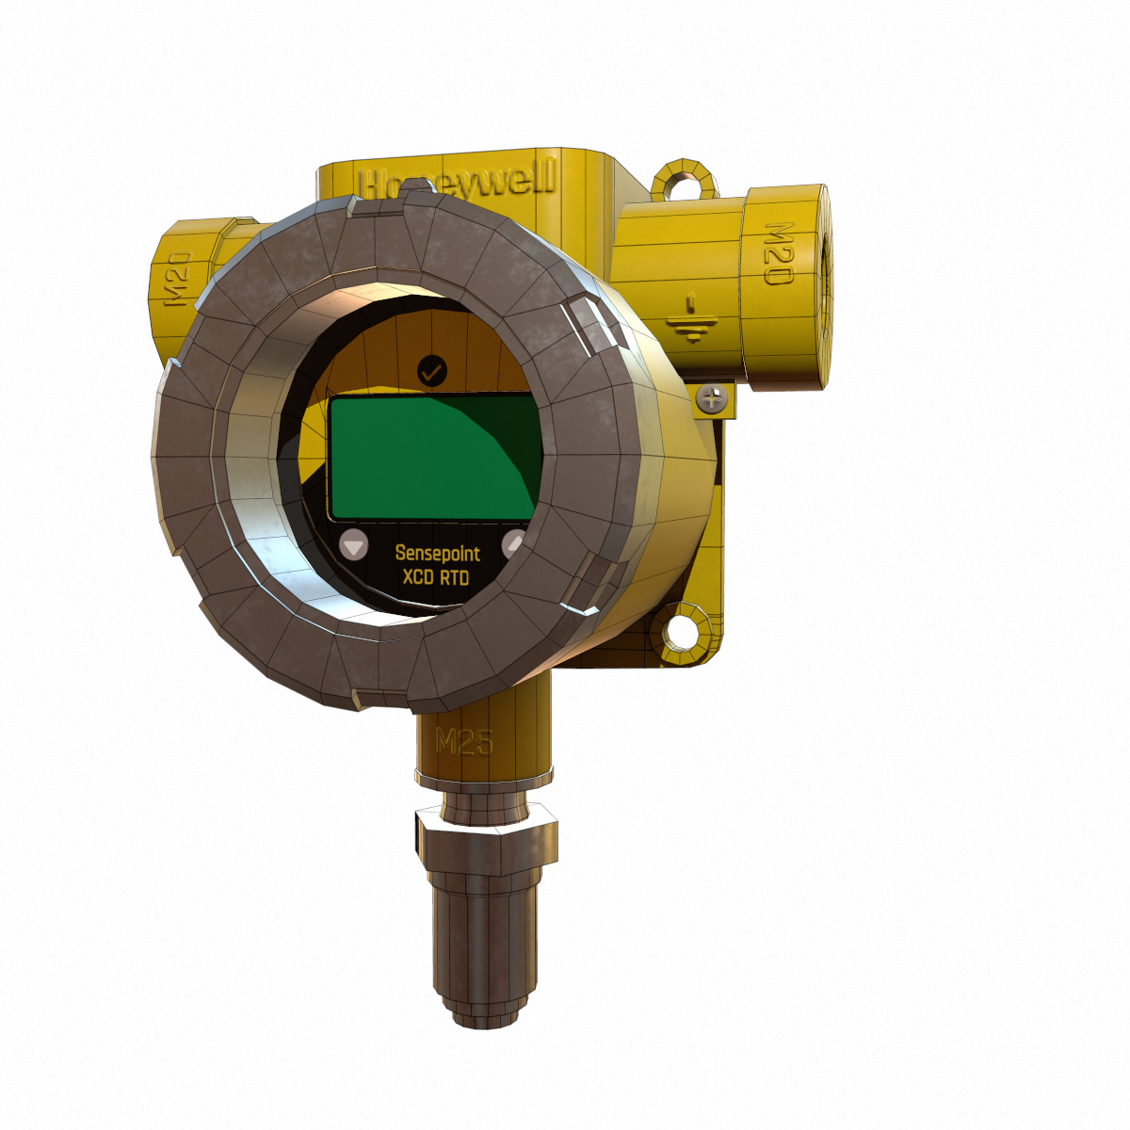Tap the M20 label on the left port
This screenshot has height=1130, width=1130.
point(178,280)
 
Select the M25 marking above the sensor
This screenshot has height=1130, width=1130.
point(464,742)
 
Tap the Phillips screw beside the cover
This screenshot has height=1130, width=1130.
point(713,398)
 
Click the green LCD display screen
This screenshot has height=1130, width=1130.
point(433,458)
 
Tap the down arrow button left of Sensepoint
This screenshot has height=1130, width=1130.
point(354,545)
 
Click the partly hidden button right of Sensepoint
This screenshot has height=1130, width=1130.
point(515,542)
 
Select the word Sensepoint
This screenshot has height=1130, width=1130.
point(437,553)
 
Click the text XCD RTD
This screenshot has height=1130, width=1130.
point(435,577)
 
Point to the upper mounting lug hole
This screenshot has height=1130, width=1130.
point(679,182)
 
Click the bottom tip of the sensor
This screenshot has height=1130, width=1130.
point(484,1017)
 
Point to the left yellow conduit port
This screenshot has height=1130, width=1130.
point(188,282)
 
